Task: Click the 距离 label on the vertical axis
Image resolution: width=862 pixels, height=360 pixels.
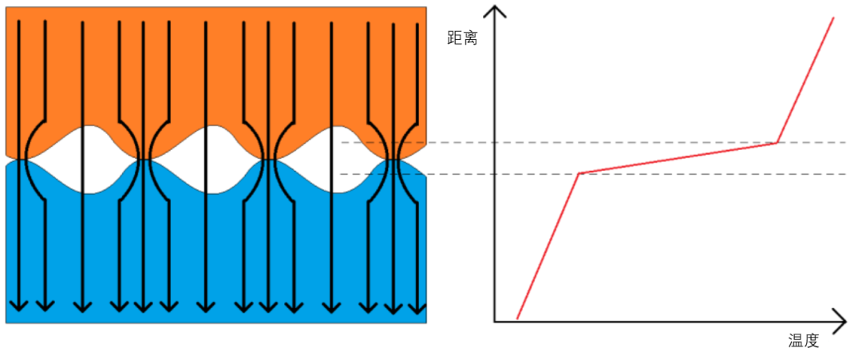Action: (x=463, y=38)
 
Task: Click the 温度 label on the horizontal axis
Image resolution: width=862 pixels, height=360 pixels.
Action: (x=804, y=341)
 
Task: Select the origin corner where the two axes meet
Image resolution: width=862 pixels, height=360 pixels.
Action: (x=496, y=321)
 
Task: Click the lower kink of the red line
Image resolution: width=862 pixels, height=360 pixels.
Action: (x=579, y=172)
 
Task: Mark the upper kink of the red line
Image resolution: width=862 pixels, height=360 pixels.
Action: (x=777, y=143)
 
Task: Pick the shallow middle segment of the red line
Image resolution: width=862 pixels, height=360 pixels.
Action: (x=678, y=158)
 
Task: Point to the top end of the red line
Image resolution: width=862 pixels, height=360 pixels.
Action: (x=833, y=17)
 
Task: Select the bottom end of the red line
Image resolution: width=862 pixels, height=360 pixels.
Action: (x=517, y=318)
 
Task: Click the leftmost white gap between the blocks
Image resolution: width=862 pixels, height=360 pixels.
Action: (x=83, y=160)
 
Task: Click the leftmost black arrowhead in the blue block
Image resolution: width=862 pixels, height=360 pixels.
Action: (x=18, y=307)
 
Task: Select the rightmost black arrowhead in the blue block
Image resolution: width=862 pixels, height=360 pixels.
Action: (x=417, y=307)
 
